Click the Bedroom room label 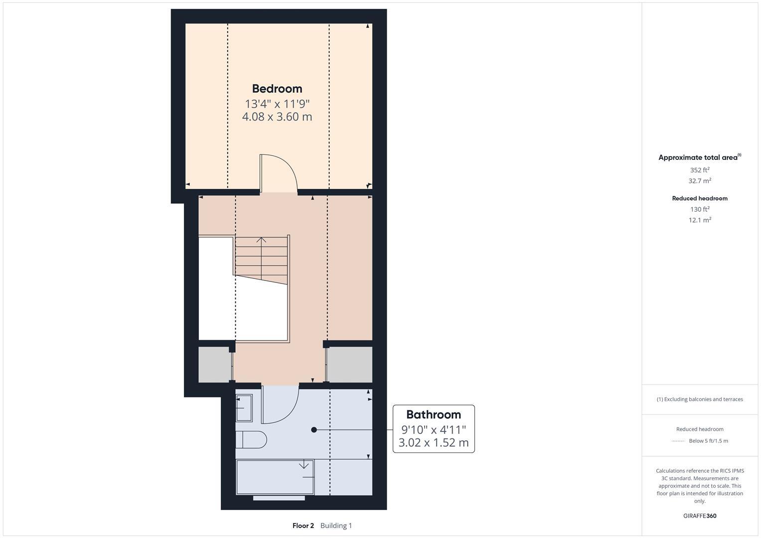(x=277, y=89)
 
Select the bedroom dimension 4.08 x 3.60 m (x=277, y=117)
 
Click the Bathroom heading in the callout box (x=434, y=414)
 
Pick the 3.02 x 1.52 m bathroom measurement (x=434, y=442)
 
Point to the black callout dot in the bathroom (x=314, y=429)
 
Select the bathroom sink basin (x=244, y=407)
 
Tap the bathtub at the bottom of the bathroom (x=275, y=477)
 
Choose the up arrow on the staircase (x=261, y=241)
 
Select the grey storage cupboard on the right (x=349, y=365)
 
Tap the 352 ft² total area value (x=700, y=170)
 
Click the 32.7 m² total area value (x=700, y=181)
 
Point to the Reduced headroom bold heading (x=700, y=198)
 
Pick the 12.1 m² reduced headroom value (x=700, y=220)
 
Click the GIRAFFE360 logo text (x=700, y=516)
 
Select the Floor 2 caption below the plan (x=303, y=526)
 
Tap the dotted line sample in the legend (x=678, y=441)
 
